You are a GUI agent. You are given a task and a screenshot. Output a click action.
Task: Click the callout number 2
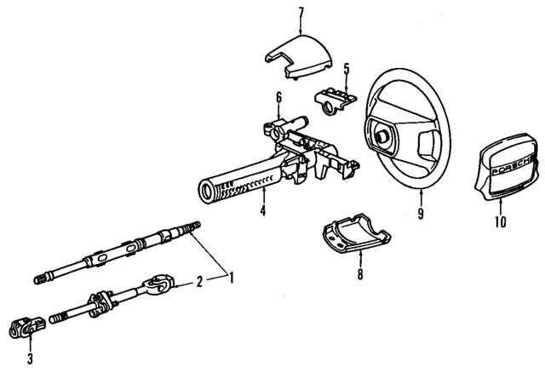[199, 280]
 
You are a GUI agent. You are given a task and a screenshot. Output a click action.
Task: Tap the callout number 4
[264, 209]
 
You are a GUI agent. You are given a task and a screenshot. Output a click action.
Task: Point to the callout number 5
[346, 67]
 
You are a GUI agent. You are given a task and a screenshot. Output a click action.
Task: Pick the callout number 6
[278, 99]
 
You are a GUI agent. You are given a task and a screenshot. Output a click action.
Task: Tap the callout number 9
[420, 215]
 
